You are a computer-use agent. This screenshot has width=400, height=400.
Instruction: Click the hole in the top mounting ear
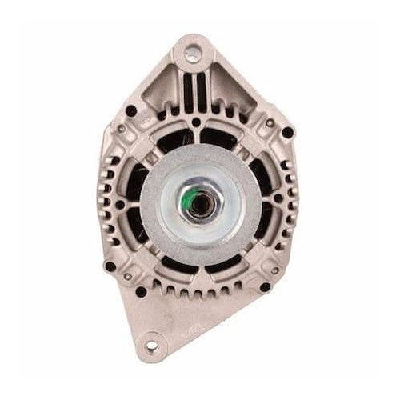[193, 54]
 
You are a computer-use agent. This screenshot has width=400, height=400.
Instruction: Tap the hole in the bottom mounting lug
[149, 346]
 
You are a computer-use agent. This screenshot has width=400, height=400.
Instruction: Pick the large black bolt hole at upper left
[130, 111]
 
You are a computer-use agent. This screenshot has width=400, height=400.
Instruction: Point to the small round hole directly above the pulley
[195, 122]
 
